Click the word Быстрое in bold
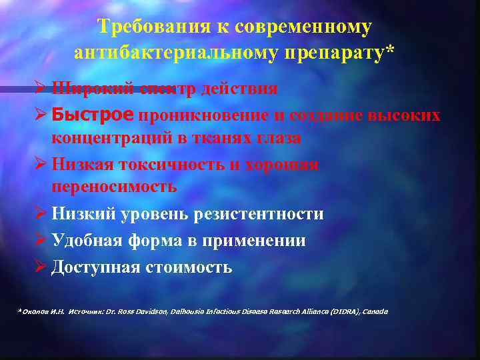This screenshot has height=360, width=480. point(93,115)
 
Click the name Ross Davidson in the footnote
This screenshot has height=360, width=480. point(141,311)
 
